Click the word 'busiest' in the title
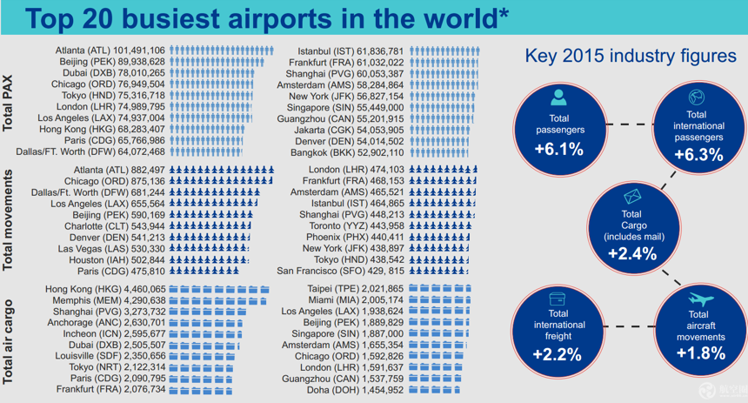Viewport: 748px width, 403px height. pyautogui.click(x=170, y=18)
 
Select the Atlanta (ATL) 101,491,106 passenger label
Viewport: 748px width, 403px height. pyautogui.click(x=110, y=50)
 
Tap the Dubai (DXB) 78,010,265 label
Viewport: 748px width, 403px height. pyautogui.click(x=114, y=73)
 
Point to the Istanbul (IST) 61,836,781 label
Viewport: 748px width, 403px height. pyautogui.click(x=351, y=51)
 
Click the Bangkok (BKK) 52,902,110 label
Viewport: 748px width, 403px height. pyautogui.click(x=347, y=153)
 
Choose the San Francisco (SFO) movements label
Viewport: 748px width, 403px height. pyautogui.click(x=340, y=272)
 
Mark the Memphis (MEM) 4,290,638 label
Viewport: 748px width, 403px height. pyautogui.click(x=110, y=301)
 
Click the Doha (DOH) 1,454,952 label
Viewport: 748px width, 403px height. pyautogui.click(x=355, y=390)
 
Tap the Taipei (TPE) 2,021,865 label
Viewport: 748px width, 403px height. pyautogui.click(x=356, y=289)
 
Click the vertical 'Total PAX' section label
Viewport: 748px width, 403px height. pyautogui.click(x=8, y=103)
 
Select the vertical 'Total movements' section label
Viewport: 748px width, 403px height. pyautogui.click(x=8, y=220)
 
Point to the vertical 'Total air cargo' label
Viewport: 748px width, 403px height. pyautogui.click(x=8, y=342)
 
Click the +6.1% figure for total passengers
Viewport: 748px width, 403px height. pyautogui.click(x=559, y=150)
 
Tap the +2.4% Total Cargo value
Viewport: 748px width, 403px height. pyautogui.click(x=632, y=253)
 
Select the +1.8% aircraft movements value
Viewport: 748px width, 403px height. pyautogui.click(x=701, y=353)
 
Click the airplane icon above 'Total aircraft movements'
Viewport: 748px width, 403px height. pyautogui.click(x=701, y=299)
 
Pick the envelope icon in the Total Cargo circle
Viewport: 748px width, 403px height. pyautogui.click(x=632, y=196)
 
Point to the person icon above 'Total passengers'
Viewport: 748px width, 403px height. pyautogui.click(x=558, y=97)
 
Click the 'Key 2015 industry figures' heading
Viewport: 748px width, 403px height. pyautogui.click(x=631, y=56)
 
